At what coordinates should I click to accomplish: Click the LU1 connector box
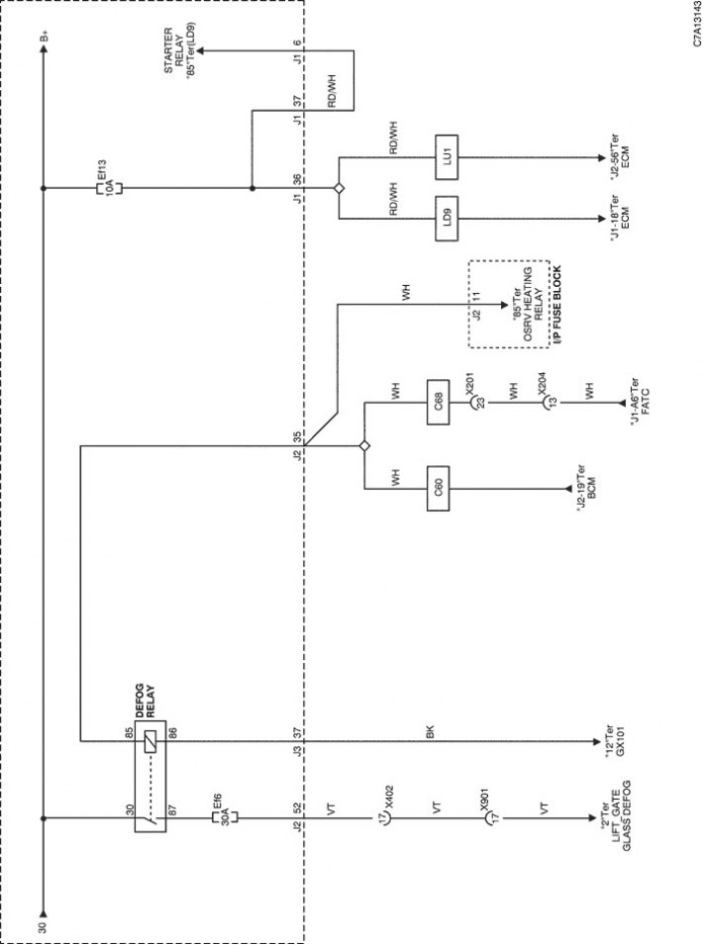click(x=447, y=157)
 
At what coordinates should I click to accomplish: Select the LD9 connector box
click(x=447, y=218)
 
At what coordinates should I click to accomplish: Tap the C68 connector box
click(x=438, y=402)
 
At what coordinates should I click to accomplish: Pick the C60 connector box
click(x=438, y=488)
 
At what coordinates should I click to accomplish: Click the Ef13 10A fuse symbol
click(x=109, y=188)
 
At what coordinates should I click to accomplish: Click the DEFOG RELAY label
click(x=146, y=701)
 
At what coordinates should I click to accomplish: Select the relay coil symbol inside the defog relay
click(x=151, y=741)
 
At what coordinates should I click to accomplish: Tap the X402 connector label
click(x=388, y=796)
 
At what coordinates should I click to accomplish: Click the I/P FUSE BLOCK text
click(x=556, y=306)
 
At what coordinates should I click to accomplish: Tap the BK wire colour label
click(x=430, y=732)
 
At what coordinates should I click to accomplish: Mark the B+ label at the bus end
click(x=44, y=38)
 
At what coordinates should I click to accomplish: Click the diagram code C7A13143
click(x=696, y=24)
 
